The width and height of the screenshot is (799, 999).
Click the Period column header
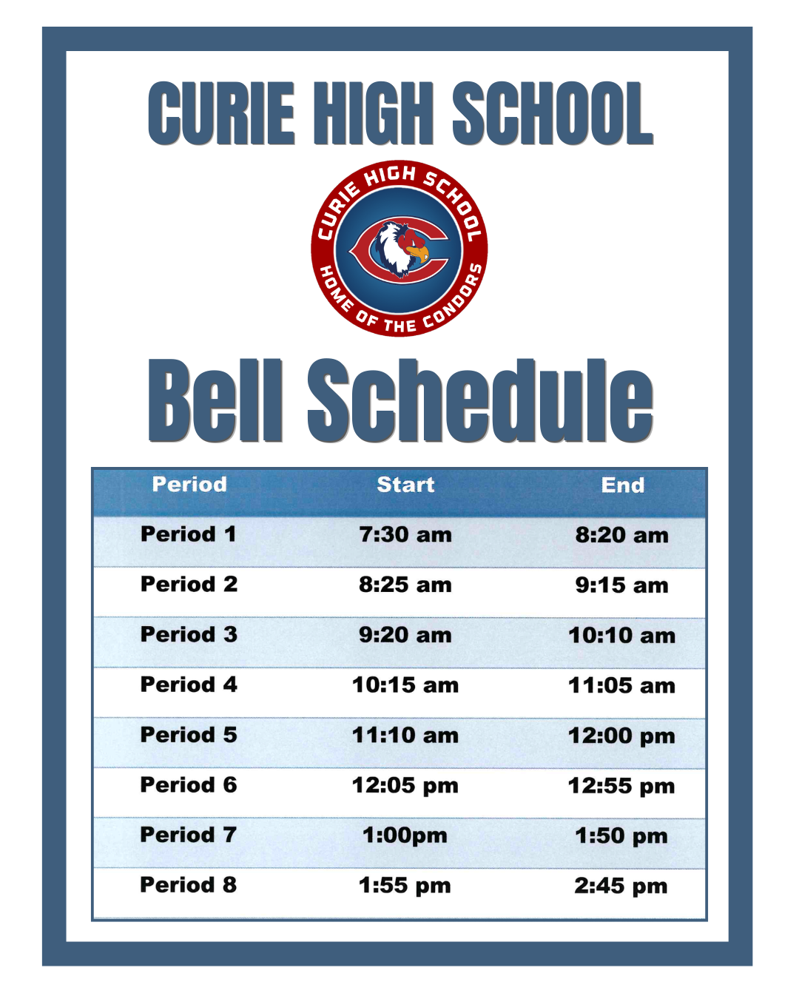[189, 485]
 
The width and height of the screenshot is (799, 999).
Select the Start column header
[405, 485]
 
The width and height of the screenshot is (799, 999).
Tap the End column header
[623, 485]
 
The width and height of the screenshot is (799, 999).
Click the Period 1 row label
[189, 534]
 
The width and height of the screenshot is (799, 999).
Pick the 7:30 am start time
[405, 535]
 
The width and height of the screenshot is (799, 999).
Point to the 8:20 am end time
[622, 535]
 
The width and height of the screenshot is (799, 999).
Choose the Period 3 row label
[189, 634]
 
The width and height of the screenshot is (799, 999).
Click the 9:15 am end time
[622, 585]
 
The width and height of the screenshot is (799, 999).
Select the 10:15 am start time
[405, 685]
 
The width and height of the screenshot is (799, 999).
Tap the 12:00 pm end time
[621, 736]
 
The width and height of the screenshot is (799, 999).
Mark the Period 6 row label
[189, 784]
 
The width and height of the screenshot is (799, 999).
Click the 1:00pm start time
[405, 835]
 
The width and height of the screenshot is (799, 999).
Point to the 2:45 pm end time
[621, 887]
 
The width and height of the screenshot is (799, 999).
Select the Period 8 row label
[189, 885]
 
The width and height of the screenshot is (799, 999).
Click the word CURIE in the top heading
[221, 114]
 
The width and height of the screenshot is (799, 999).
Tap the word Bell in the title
[215, 400]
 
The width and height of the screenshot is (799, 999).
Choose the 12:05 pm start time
[405, 786]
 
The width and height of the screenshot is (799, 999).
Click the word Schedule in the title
[481, 400]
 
